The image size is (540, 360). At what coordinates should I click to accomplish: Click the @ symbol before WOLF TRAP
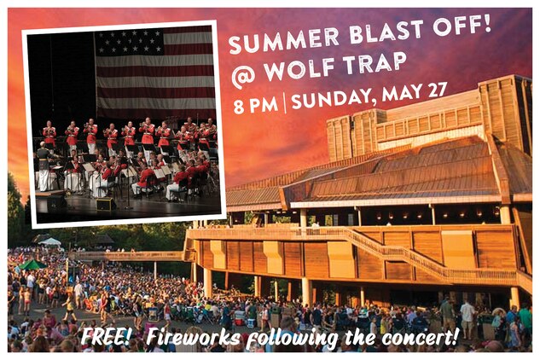pos(244,78)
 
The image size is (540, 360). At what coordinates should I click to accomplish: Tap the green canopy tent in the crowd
pos(33,266)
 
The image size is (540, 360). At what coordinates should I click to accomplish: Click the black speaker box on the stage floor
pos(105,204)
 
